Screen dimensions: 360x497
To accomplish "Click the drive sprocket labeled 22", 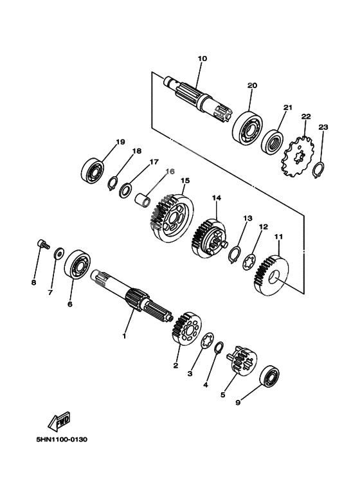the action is click(x=298, y=156).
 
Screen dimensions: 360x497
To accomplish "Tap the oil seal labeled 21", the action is click(x=272, y=145).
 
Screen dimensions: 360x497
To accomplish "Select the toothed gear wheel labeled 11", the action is click(x=271, y=276).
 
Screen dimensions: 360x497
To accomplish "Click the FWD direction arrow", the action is click(x=59, y=422).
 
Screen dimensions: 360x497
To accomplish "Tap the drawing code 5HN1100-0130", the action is click(x=62, y=440).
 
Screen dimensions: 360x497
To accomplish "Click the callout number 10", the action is click(x=203, y=59).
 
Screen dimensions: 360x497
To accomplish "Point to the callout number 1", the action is click(x=124, y=336).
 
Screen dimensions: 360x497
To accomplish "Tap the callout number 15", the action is click(x=185, y=181).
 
